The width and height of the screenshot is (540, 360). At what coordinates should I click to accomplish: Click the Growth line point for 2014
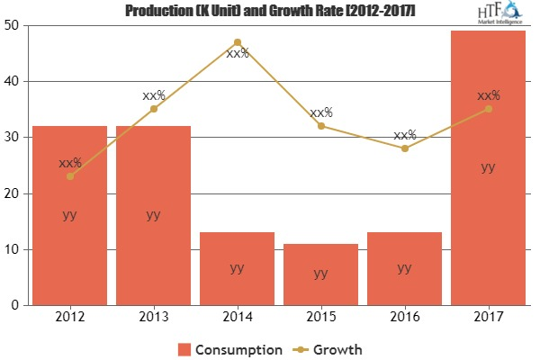pyautogui.click(x=238, y=42)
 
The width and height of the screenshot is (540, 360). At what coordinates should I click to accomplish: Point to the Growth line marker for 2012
pyautogui.click(x=70, y=176)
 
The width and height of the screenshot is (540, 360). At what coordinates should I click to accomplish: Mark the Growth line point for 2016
pyautogui.click(x=405, y=148)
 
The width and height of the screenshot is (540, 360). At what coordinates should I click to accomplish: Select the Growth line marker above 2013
pyautogui.click(x=154, y=109)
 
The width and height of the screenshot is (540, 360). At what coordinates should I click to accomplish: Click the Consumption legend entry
pyautogui.click(x=232, y=348)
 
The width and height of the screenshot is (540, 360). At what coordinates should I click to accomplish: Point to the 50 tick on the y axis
pyautogui.click(x=17, y=25)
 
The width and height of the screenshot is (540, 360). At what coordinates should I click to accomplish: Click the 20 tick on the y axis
pyautogui.click(x=17, y=193)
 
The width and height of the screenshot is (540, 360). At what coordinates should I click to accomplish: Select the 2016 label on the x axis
pyautogui.click(x=405, y=317)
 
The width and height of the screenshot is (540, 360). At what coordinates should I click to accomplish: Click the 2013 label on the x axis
pyautogui.click(x=154, y=317)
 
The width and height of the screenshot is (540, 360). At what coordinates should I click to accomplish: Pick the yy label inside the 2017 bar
pyautogui.click(x=488, y=166)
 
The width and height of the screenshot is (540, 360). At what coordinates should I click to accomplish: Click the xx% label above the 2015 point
pyautogui.click(x=321, y=112)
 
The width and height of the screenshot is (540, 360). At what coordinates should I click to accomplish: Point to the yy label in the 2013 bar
pyautogui.click(x=154, y=214)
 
